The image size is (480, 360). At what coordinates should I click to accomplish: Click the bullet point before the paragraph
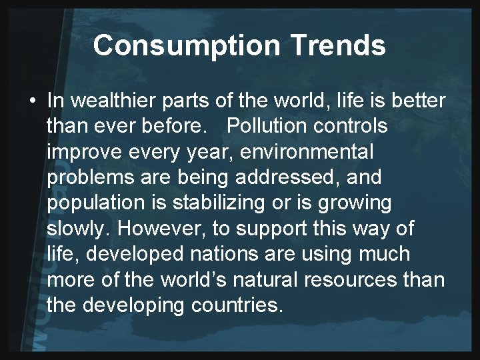tap(33, 101)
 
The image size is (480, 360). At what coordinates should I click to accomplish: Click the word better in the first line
tap(416, 101)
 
